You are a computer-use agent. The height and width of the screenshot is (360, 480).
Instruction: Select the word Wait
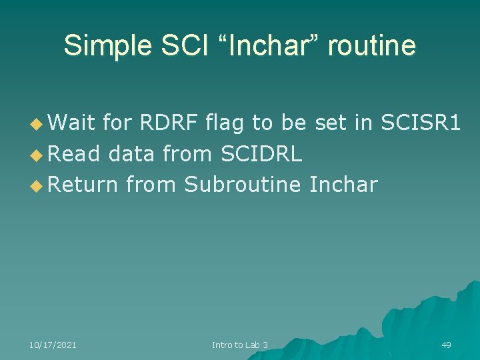[x=71, y=123]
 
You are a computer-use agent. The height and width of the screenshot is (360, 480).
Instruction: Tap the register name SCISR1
[x=421, y=123]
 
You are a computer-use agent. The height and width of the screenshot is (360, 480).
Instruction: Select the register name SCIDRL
[x=257, y=154]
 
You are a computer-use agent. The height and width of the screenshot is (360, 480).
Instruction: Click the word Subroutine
[x=243, y=185]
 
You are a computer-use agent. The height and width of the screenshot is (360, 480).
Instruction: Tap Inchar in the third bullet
[x=343, y=185]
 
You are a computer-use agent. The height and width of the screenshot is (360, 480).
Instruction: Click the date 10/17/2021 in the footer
[x=53, y=345]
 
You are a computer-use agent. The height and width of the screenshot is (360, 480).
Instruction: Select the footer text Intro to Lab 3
[x=240, y=345]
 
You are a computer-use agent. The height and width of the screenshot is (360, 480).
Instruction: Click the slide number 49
[x=446, y=345]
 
